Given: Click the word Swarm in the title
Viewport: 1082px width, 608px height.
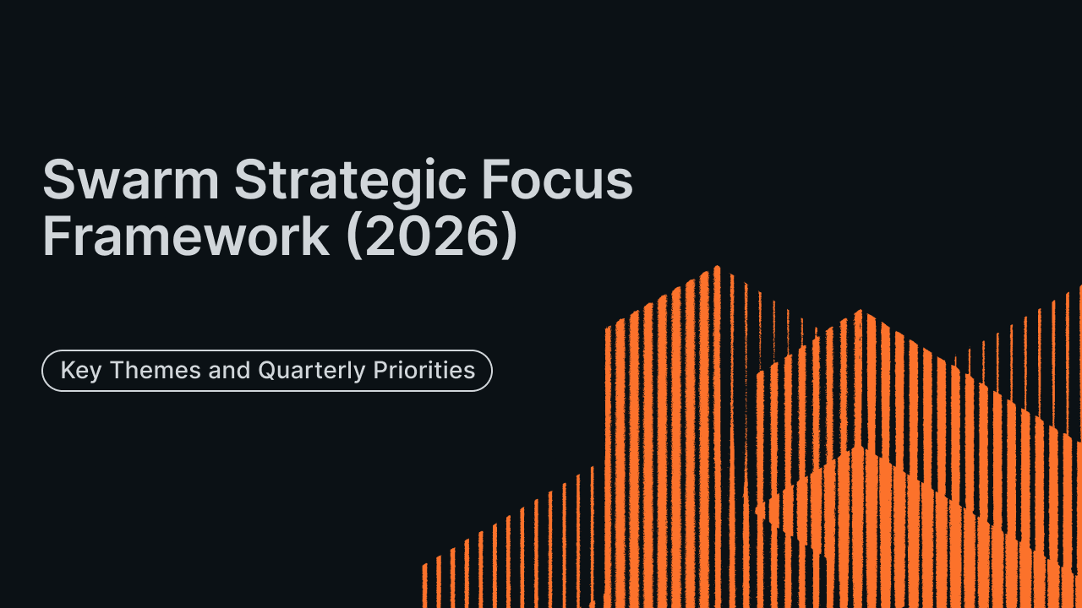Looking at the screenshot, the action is pos(131,180).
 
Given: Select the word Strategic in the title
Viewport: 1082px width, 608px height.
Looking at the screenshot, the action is pos(350,184).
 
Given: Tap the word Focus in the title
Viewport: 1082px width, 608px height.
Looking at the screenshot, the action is pos(557,180).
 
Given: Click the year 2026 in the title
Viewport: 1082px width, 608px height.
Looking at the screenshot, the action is pos(430,236).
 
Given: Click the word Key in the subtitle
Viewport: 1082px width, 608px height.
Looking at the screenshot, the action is pos(81,372).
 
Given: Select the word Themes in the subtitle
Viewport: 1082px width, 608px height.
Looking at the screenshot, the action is pos(156,370).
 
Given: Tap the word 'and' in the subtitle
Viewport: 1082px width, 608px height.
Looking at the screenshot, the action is pos(229,370).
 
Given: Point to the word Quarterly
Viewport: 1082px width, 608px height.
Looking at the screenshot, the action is pos(312,372).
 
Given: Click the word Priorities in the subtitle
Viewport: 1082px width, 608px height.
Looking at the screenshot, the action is pos(424,370).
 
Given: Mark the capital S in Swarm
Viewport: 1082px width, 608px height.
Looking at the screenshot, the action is pos(59,180).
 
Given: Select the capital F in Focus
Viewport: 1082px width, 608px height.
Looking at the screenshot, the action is pos(495,180).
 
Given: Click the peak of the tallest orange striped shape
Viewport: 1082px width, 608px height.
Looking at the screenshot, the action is pos(718,266).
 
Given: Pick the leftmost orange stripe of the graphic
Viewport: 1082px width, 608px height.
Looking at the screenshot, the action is pos(424,585).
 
